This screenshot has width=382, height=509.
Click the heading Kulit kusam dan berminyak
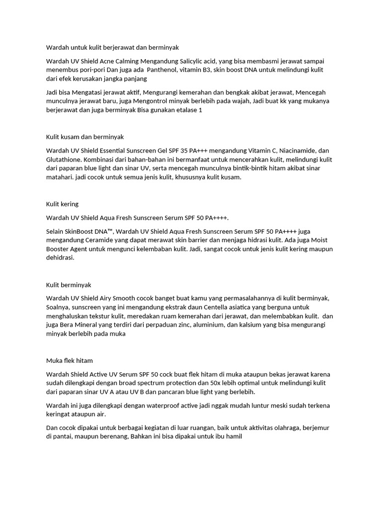85,136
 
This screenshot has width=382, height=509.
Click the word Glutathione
65,159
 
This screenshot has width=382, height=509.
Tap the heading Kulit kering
62,204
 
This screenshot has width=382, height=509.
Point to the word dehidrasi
60,258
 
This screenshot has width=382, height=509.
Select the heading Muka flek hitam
69,360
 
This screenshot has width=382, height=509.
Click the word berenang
127,437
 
